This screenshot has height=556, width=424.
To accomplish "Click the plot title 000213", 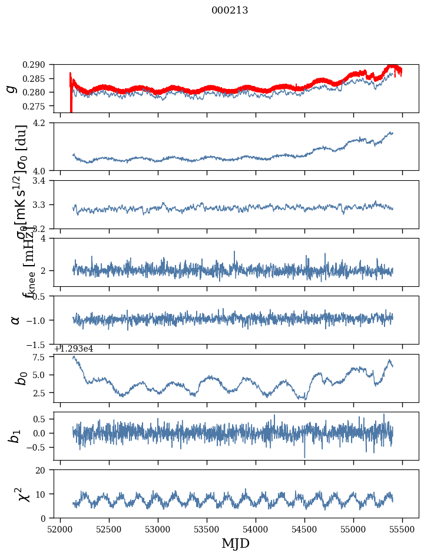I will pyautogui.click(x=230, y=11).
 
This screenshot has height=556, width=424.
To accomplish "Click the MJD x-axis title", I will pyautogui.click(x=236, y=544).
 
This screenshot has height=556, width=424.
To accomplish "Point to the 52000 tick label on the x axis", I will pyautogui.click(x=60, y=529).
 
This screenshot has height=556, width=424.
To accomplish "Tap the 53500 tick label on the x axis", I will pyautogui.click(x=207, y=529).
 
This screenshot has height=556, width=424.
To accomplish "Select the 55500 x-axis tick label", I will pyautogui.click(x=403, y=529).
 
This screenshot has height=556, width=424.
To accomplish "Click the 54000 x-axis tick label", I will pyautogui.click(x=256, y=529).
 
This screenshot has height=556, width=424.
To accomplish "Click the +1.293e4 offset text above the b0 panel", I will pyautogui.click(x=73, y=349).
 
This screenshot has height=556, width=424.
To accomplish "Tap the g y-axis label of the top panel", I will pyautogui.click(x=11, y=89).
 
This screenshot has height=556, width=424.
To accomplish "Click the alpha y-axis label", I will pyautogui.click(x=15, y=320).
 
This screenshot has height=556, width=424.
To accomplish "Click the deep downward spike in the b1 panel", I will pyautogui.click(x=304, y=456).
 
